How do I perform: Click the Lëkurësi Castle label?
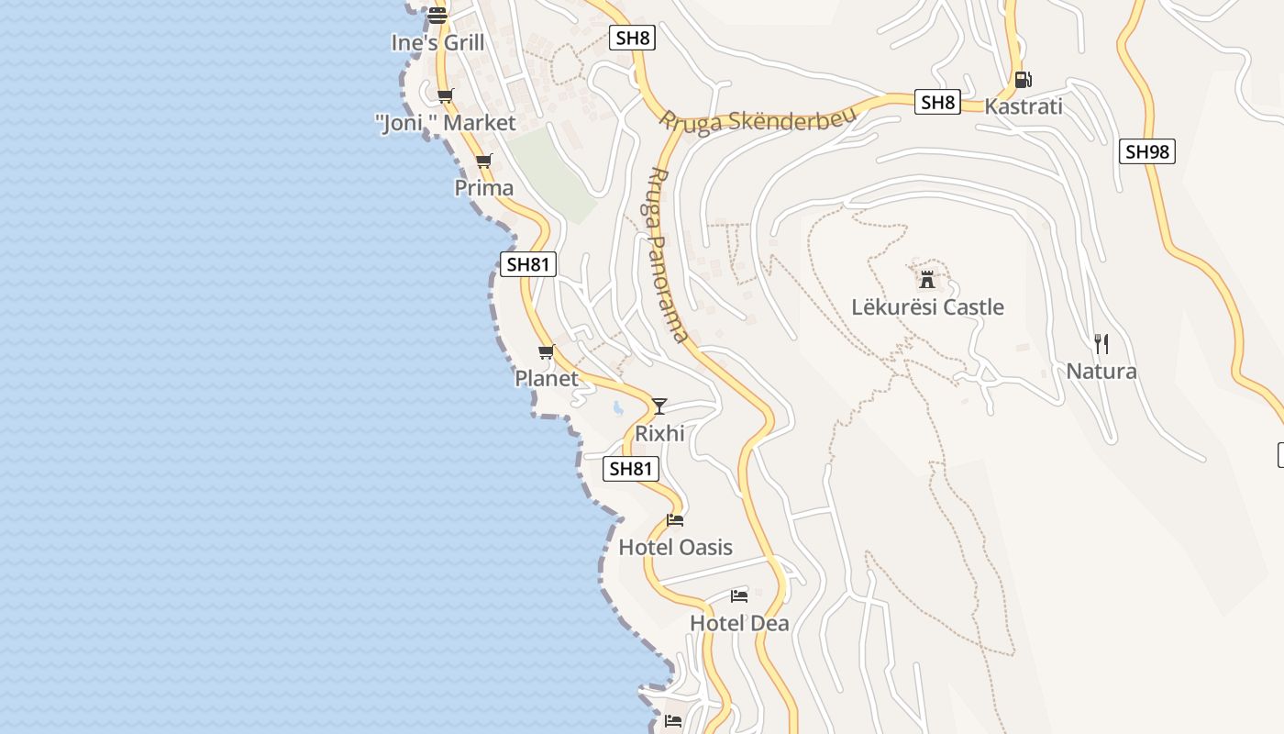tap(927, 307)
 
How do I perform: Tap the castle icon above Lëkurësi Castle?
tap(927, 279)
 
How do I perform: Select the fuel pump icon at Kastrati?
tap(1023, 80)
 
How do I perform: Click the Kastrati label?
tap(1023, 106)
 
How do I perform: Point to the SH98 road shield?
tap(1146, 151)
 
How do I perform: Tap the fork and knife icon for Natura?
tap(1101, 344)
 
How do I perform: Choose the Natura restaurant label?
tap(1101, 372)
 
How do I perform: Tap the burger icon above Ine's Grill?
tap(437, 15)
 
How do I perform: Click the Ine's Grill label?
tap(437, 43)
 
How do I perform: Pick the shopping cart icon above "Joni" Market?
tap(446, 95)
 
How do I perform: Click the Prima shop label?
tap(484, 188)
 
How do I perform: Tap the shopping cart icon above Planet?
tap(547, 351)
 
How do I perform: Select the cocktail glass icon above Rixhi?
tap(659, 406)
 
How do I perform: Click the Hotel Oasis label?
tap(675, 548)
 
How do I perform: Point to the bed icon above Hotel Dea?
tap(739, 596)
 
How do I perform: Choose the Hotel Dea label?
tap(739, 624)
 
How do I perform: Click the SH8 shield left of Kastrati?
tap(937, 102)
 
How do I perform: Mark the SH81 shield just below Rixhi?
tap(631, 469)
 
